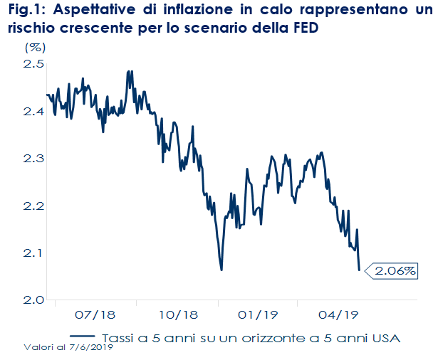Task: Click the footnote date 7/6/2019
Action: click(x=93, y=348)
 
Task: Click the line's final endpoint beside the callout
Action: click(x=360, y=270)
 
